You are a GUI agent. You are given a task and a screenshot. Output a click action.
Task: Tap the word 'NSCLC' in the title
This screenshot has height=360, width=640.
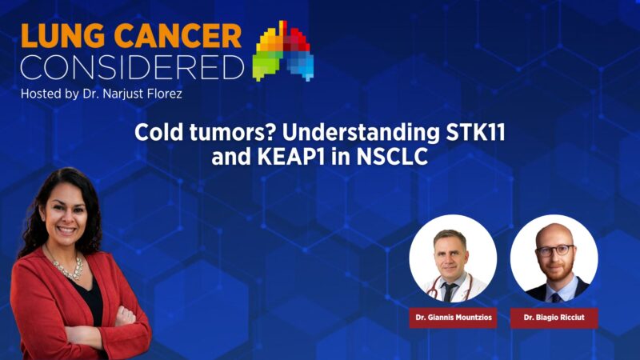point(392,157)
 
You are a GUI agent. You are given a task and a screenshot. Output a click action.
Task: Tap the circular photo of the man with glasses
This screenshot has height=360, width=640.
point(554,258)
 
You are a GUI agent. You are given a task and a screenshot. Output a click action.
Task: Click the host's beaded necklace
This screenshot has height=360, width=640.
point(68,269)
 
